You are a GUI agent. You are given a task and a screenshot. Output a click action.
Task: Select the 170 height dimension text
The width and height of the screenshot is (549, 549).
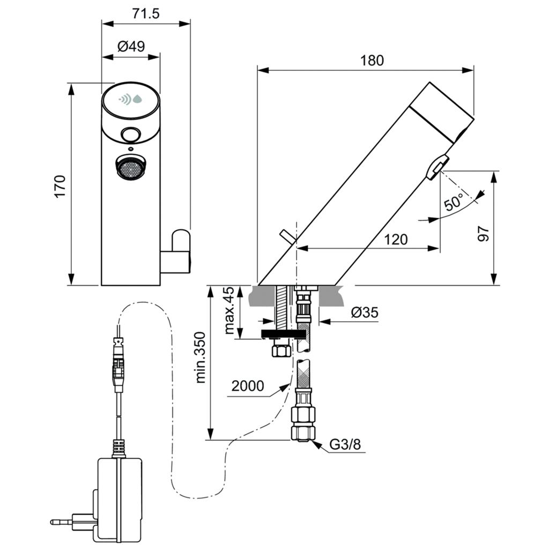click(x=60, y=186)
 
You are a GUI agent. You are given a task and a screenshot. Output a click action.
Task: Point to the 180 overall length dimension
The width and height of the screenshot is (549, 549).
click(x=372, y=60)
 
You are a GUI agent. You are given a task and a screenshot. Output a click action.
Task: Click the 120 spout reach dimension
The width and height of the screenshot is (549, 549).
click(x=396, y=239)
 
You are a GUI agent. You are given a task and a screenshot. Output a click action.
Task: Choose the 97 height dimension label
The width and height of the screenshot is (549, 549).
click(x=483, y=233)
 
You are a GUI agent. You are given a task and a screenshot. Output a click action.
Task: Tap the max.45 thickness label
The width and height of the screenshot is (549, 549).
click(x=229, y=310)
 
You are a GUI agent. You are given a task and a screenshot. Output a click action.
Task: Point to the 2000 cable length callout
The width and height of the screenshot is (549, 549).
click(x=248, y=386)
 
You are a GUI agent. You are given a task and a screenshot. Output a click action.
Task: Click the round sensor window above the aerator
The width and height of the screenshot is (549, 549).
click(x=130, y=134)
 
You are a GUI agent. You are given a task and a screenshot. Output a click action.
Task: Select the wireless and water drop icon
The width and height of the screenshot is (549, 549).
click(x=131, y=99)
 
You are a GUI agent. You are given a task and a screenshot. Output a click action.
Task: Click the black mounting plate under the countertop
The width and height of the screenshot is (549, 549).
click(x=283, y=335)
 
